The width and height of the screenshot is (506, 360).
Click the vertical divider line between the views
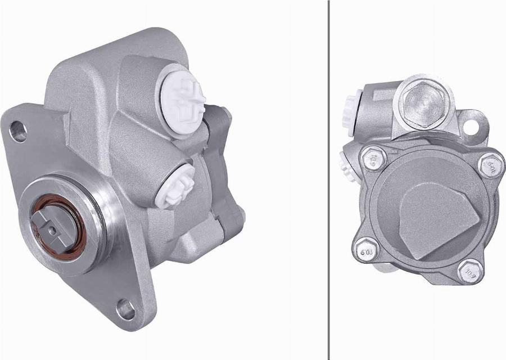328,180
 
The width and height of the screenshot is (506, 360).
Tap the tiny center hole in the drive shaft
52,229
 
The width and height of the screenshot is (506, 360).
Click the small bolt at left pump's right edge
241,214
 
